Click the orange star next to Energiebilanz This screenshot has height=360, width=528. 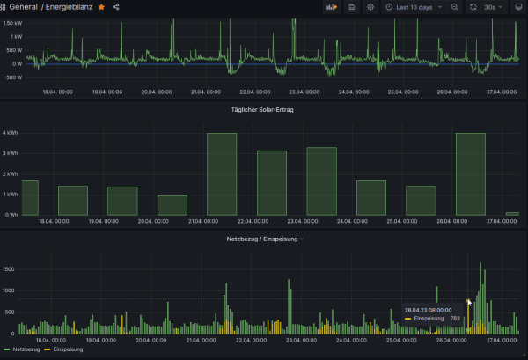tap(102, 7)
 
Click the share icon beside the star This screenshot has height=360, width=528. tap(116, 7)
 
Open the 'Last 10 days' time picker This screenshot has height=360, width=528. tap(413, 7)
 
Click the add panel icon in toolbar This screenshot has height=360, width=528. tap(332, 7)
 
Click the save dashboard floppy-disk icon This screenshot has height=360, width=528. tap(352, 7)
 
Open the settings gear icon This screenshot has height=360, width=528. tap(370, 7)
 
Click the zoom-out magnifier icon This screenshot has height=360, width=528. tap(454, 7)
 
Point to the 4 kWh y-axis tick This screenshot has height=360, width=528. tap(10, 133)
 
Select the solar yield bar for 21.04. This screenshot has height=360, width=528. tap(222, 173)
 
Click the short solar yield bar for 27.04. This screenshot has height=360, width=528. tap(512, 213)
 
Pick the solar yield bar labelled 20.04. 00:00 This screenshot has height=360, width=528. tap(172, 205)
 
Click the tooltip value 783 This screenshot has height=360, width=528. tap(455, 319)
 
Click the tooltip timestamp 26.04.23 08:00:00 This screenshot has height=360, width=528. tap(428, 311)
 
